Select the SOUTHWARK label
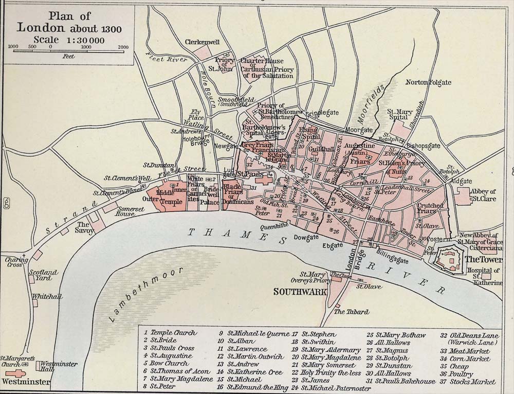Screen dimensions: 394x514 [293, 292]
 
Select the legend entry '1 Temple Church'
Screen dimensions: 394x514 [170, 333]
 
